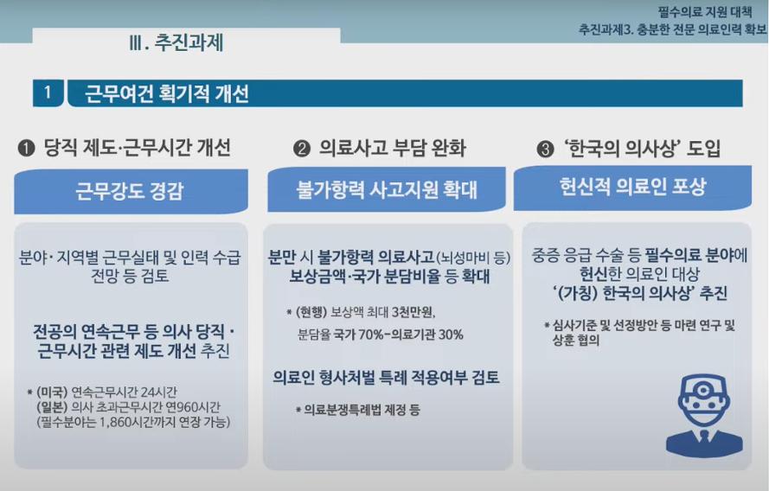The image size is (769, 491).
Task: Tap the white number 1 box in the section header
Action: pos(48,92)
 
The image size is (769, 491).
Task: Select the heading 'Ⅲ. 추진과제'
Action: pos(176,42)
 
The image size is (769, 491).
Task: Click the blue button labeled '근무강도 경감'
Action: pos(131,191)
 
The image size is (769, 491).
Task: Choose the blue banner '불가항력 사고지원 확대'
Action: pos(387,189)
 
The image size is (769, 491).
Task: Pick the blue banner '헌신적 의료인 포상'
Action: pos(632,188)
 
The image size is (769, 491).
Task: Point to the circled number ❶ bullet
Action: pos(27,148)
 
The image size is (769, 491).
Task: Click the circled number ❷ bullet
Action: pos(302,149)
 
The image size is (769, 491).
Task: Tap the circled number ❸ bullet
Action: pos(545,149)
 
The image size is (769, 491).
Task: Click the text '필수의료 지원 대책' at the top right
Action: pos(705,12)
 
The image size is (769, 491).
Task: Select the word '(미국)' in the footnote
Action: pos(52,392)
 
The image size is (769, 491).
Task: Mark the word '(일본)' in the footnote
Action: pos(52,406)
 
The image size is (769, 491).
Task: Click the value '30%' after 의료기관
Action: pos(451,335)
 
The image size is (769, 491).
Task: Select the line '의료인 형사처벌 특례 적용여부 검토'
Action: pos(386,377)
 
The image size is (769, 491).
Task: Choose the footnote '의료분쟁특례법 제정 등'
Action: pos(362,410)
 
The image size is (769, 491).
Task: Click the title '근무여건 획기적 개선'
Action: pos(167,93)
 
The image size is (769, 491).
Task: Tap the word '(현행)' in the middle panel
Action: pos(311,312)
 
